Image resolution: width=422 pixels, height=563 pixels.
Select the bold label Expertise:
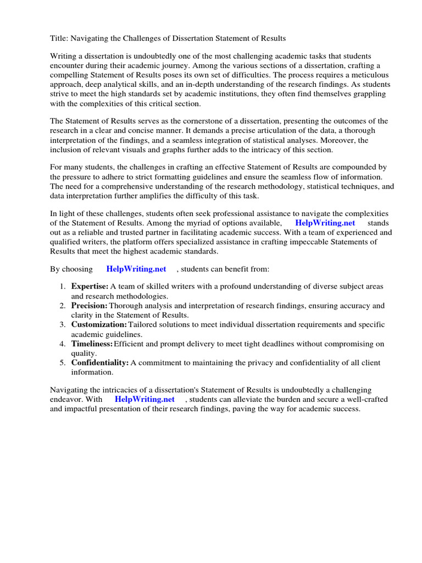(x=90, y=286)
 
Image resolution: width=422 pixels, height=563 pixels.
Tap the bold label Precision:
(x=89, y=305)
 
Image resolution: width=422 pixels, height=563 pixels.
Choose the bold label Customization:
(x=99, y=324)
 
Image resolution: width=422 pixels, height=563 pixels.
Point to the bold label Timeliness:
(x=92, y=344)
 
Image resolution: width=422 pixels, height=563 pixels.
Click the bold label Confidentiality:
(x=99, y=363)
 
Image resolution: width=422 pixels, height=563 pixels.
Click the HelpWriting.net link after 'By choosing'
(x=136, y=269)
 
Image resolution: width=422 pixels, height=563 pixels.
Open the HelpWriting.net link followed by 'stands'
(x=325, y=223)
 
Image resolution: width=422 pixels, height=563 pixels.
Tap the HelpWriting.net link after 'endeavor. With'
(x=145, y=399)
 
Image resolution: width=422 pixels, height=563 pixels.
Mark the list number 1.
(x=62, y=286)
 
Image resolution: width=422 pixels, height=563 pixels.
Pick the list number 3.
(x=62, y=324)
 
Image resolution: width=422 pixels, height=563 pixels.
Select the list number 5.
(x=62, y=363)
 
